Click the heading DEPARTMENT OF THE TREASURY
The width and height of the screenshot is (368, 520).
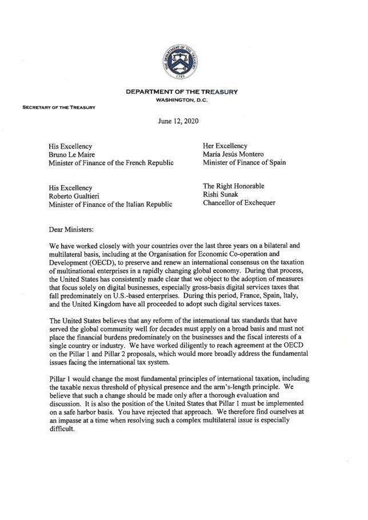pyautogui.click(x=182, y=92)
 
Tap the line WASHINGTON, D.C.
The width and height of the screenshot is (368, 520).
pyautogui.click(x=182, y=100)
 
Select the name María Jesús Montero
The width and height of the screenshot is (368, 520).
pyautogui.click(x=235, y=153)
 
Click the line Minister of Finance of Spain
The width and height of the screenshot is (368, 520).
pyautogui.click(x=245, y=162)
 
